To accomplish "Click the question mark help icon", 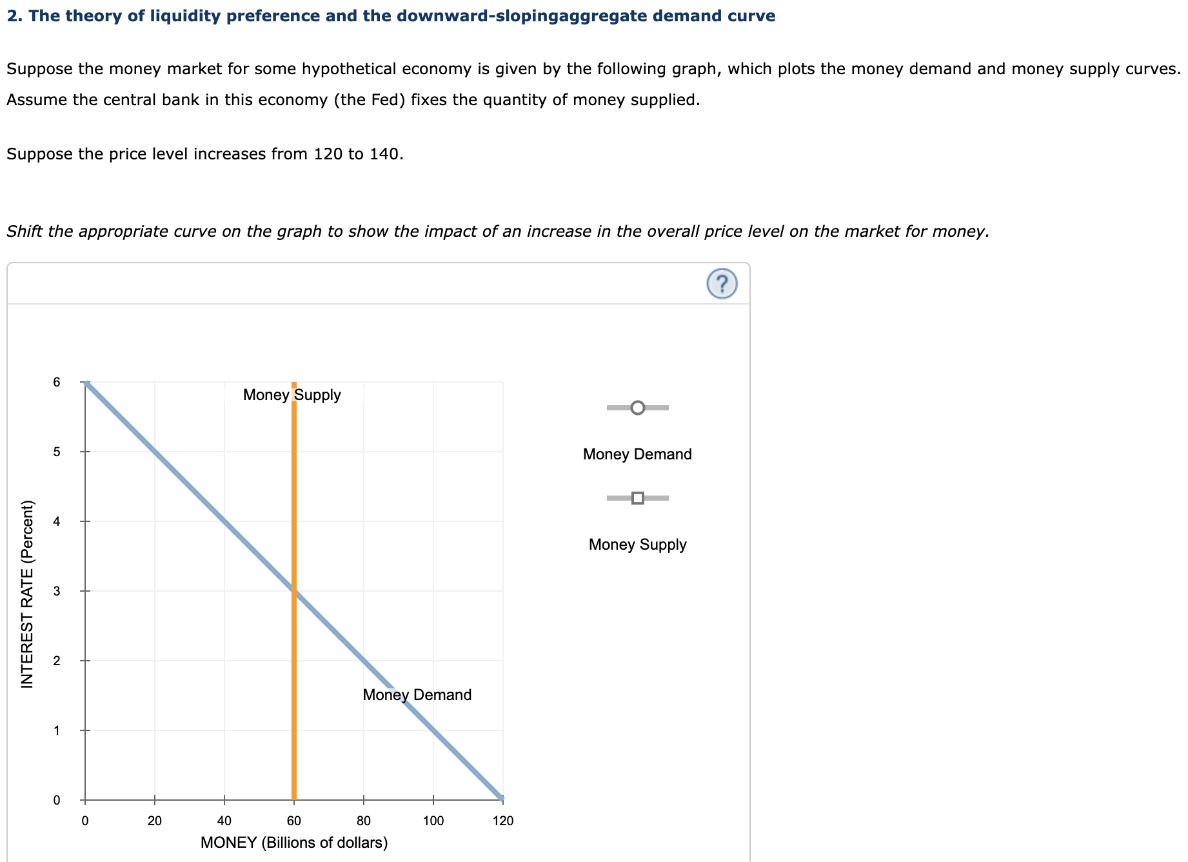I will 722,283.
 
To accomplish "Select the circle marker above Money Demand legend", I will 637,408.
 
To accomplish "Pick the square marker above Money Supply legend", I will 637,498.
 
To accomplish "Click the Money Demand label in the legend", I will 637,454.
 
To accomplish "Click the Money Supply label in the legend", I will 637,545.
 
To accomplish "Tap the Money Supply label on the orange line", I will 292,395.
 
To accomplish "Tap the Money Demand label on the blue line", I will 417,695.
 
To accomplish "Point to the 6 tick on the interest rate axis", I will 57,382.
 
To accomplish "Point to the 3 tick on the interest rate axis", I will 57,591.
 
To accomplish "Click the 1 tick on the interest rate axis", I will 57,730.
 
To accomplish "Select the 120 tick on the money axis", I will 503,821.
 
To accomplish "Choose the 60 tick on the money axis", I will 294,821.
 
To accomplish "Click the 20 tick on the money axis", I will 155,821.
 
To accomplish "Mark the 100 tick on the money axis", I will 433,821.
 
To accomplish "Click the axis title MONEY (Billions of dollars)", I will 294,843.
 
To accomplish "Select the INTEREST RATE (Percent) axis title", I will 27,594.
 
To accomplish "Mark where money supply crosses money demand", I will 294,591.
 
